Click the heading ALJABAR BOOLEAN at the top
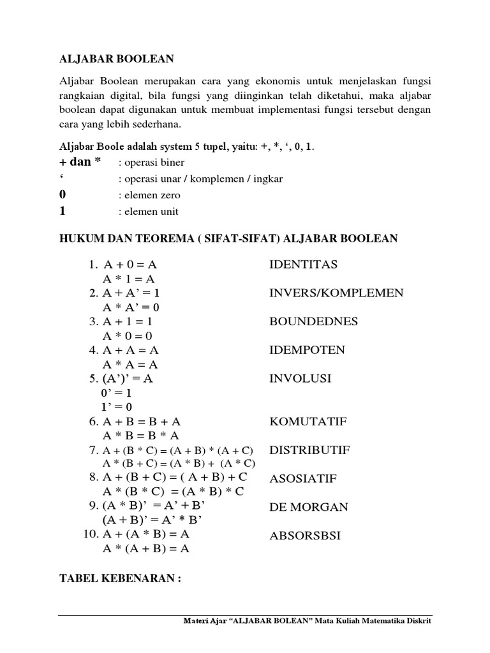pos(116,59)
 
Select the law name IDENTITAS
pos(303,264)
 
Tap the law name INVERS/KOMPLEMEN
pos(336,293)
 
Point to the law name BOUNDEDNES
pos(313,321)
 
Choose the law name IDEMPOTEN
pos(307,350)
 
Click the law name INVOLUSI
pos(301,379)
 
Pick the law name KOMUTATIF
pos(308,422)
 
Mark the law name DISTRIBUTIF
pos(309,450)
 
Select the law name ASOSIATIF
pos(303,479)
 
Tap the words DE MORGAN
pos(309,507)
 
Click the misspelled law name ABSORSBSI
pos(305,536)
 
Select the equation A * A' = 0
pos(131,307)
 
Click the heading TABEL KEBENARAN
pos(121,578)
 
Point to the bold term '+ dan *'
pos(80,161)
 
